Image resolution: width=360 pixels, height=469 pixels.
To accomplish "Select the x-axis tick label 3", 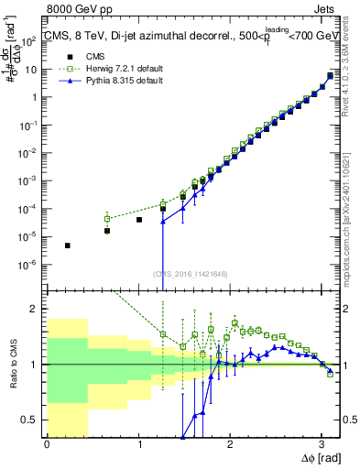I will coord(321,444).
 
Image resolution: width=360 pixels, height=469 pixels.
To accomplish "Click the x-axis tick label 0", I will coord(47,444).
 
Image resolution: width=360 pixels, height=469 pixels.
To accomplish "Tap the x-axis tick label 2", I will coord(229,444).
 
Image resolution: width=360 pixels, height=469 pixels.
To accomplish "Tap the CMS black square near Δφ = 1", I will coord(139,220).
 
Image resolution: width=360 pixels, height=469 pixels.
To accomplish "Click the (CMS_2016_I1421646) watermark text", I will coord(191,273).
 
